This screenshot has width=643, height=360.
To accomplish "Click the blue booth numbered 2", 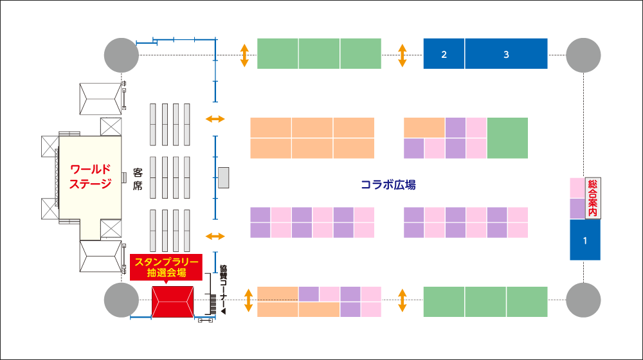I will point(444,54).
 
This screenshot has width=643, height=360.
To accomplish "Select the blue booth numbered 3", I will point(506,54).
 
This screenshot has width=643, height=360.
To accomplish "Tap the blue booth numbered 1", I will point(585,240).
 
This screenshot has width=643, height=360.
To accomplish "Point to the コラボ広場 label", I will point(388,185).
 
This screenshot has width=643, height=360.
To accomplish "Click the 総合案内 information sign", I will point(592,197).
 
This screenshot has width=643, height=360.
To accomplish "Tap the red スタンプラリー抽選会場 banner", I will point(167,266).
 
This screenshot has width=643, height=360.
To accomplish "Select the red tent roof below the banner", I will point(173,301).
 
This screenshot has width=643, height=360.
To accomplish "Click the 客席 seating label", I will point(138,178).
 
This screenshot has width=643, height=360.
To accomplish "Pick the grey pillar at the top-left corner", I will point(122,55).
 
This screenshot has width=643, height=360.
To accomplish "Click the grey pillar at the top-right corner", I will point(583,55).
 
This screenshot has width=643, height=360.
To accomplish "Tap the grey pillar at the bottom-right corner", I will point(583,300).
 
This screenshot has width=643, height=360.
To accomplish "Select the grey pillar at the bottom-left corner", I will point(122,300).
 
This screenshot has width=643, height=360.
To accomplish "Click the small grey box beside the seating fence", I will point(224,177).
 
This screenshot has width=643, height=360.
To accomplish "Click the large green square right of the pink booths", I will point(507,138).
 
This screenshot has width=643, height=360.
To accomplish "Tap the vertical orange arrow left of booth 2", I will point(403,55).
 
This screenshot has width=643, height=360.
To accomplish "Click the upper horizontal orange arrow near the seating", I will point(215,119).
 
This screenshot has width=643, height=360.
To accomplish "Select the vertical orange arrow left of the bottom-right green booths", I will point(403,300).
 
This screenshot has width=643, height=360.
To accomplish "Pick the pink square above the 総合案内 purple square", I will point(576,188).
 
